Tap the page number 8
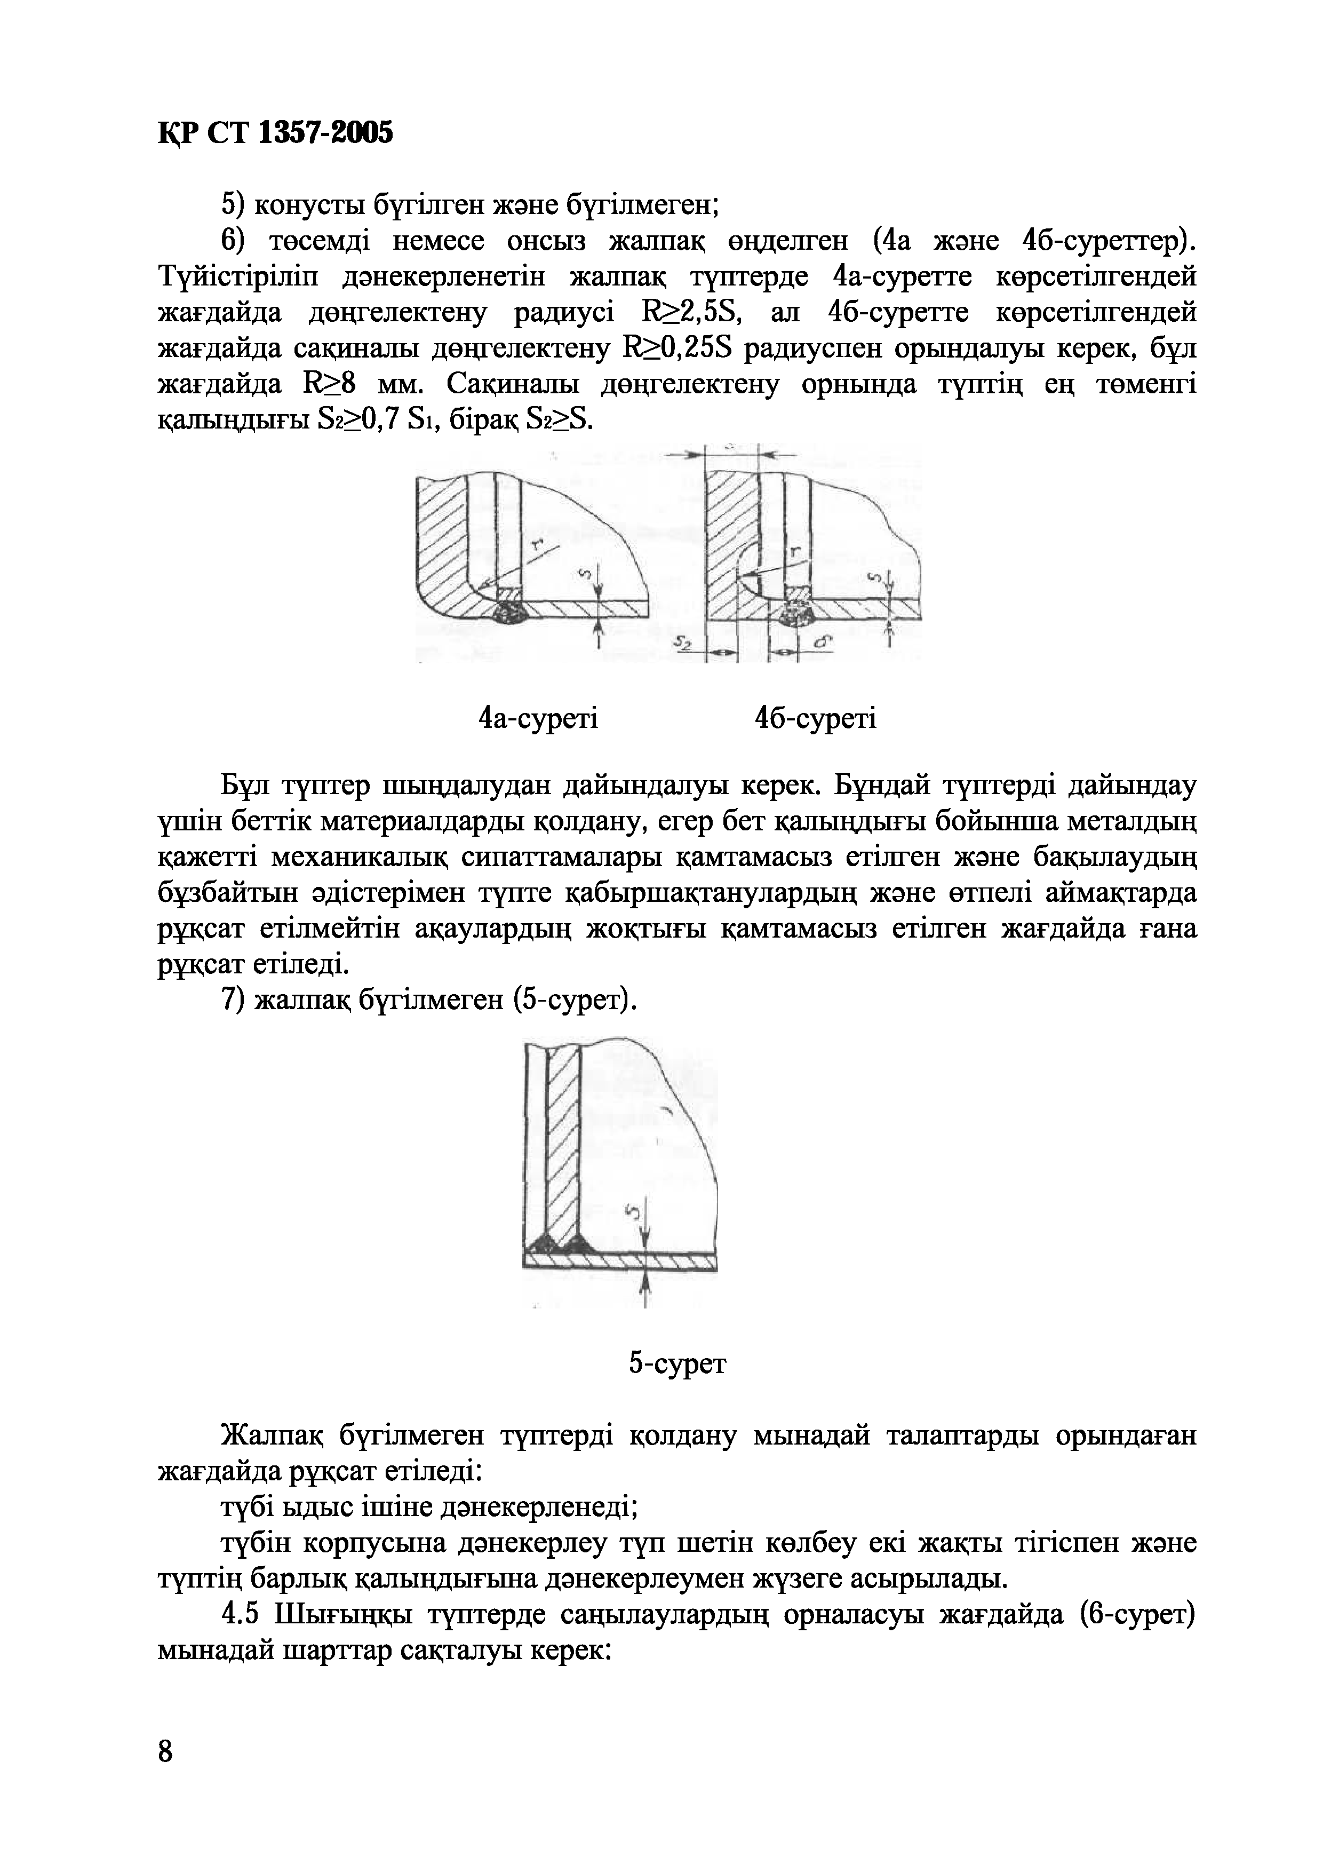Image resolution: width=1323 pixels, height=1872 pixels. coord(165,1750)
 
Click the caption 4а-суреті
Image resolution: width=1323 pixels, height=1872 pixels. coord(538,719)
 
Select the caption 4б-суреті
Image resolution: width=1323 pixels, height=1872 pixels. coord(815,719)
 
